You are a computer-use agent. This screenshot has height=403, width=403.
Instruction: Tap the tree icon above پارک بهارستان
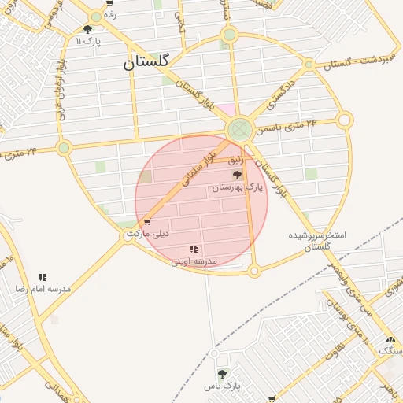point(237,175)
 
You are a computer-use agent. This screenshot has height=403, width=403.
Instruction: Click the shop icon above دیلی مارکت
point(147,222)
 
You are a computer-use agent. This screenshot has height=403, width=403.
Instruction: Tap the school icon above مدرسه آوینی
point(194,249)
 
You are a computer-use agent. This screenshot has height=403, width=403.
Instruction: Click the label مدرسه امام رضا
point(43,289)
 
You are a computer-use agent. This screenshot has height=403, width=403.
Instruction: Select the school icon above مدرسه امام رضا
point(43,277)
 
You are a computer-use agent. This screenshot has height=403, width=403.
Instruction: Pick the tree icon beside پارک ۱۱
point(87,29)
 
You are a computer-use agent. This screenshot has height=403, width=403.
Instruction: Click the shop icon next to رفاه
point(95,14)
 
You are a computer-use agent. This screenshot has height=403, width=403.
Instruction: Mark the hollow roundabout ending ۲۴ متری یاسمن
point(344,120)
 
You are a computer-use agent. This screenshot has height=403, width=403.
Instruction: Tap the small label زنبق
point(236,160)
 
